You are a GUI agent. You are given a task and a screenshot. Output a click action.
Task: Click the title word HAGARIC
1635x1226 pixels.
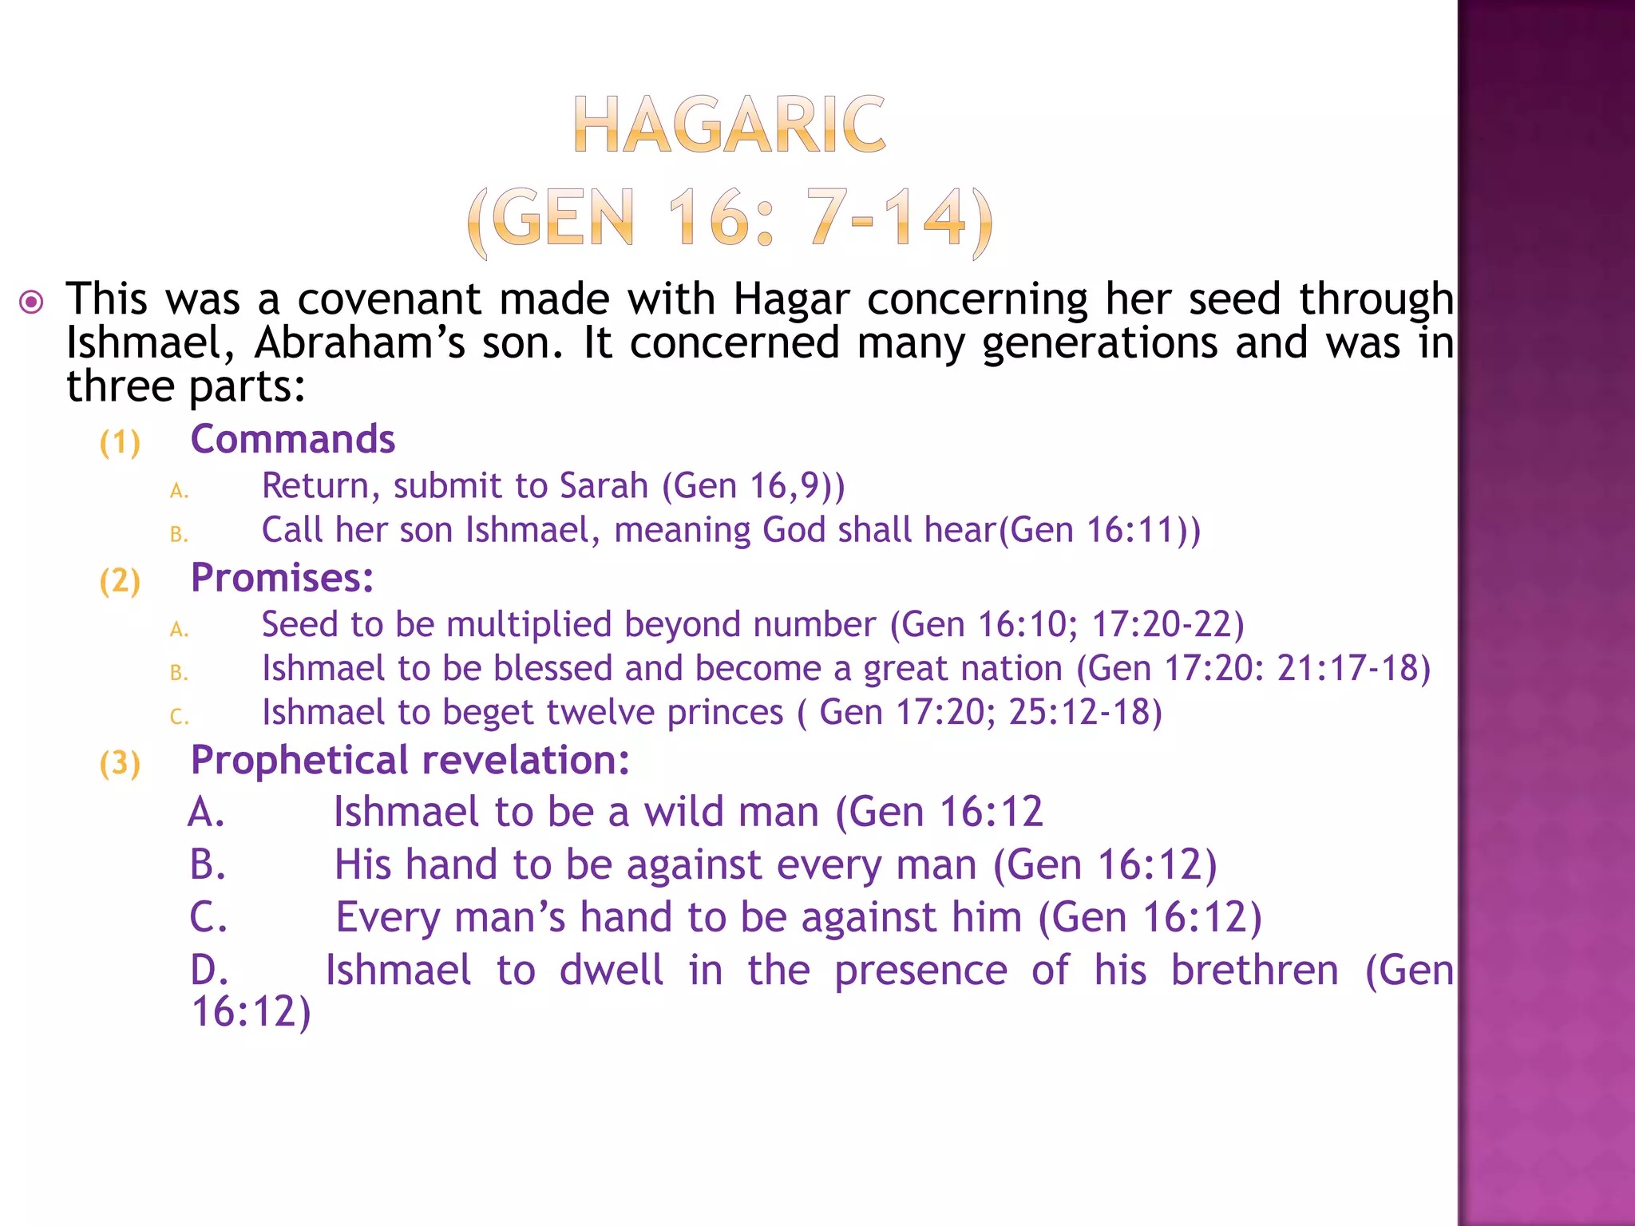tap(729, 125)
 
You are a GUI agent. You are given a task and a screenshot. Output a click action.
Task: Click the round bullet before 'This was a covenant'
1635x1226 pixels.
tap(31, 303)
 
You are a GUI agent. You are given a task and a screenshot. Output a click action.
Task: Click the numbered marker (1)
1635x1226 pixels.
tap(120, 442)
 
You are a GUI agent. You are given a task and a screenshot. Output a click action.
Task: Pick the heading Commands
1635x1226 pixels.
tap(293, 440)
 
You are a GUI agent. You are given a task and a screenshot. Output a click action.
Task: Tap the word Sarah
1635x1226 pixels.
tap(604, 486)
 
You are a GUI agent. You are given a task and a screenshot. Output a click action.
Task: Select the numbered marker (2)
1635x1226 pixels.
tap(120, 581)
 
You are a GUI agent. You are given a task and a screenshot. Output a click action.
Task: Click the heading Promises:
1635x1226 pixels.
tap(283, 578)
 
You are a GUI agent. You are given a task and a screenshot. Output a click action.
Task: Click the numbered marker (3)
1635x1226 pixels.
tap(120, 763)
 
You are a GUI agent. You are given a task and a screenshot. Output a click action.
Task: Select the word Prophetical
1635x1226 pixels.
tap(299, 761)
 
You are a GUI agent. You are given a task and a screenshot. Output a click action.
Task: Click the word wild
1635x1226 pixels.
tap(685, 812)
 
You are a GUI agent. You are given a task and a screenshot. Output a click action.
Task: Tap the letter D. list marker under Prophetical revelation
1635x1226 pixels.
tap(209, 971)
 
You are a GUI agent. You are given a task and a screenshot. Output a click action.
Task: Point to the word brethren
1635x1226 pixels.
tap(1255, 971)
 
